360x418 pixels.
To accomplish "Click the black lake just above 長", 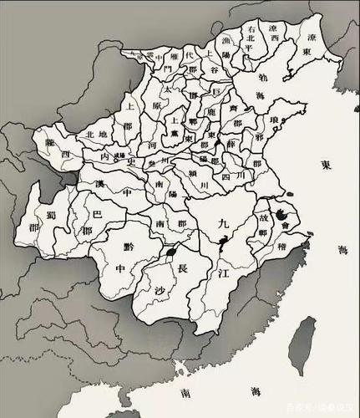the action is (172, 250).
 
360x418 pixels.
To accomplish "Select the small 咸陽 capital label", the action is (119, 156).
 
